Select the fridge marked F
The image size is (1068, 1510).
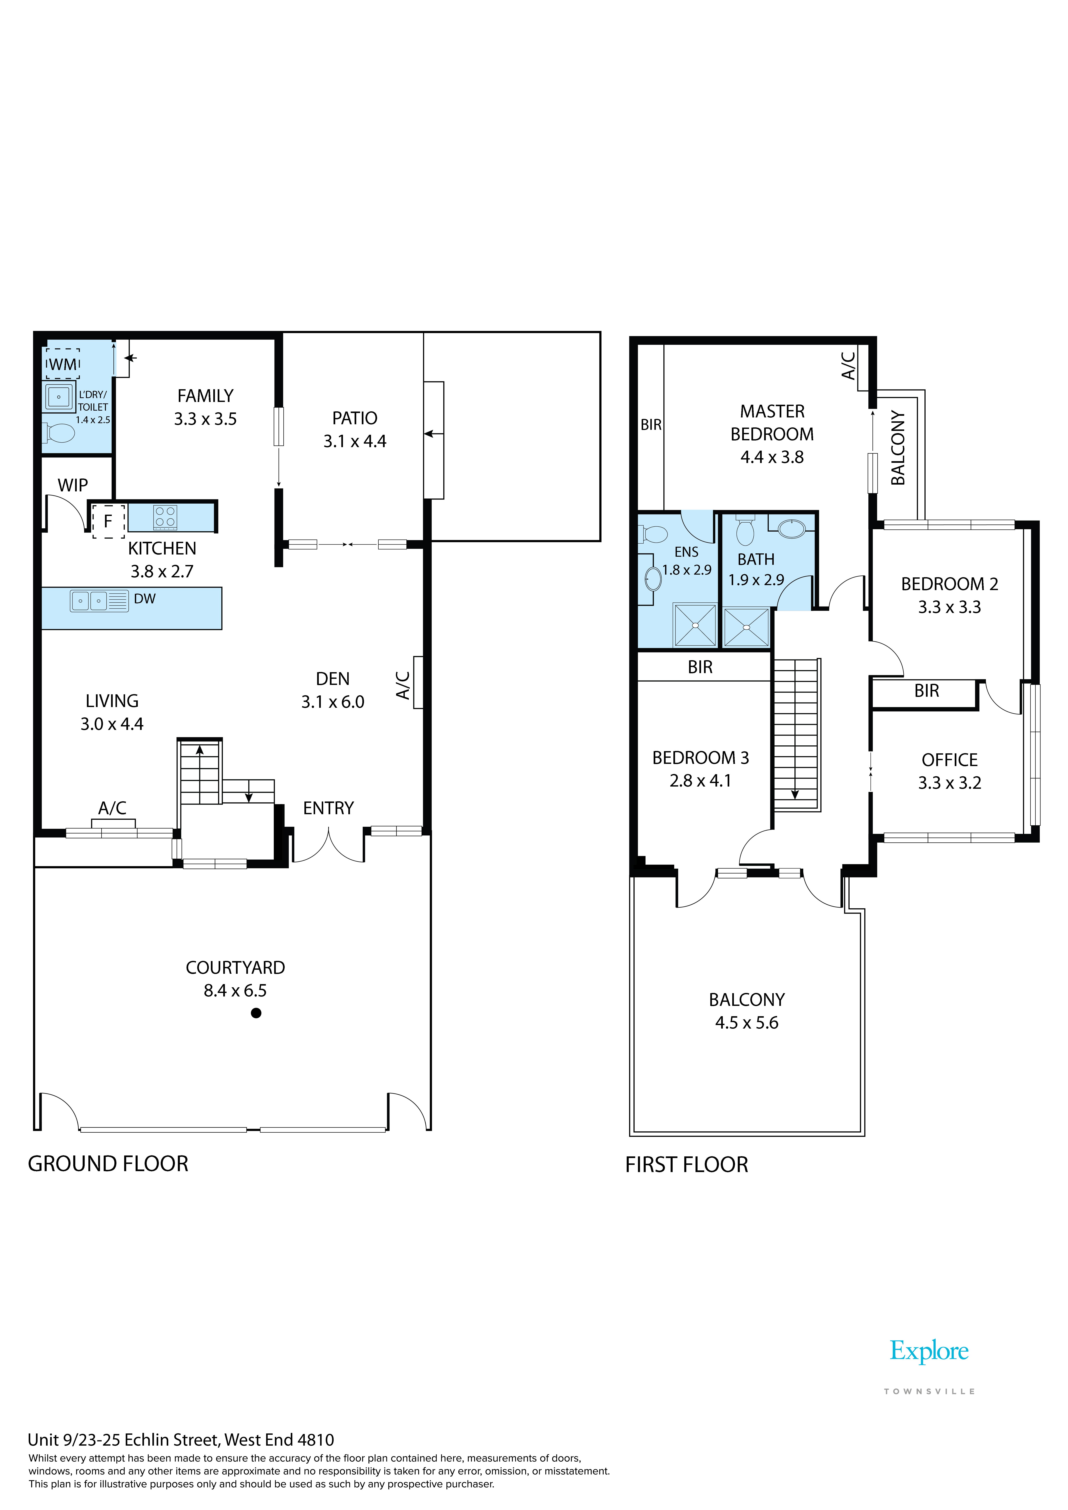pyautogui.click(x=108, y=521)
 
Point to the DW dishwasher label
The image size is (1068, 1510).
pyautogui.click(x=145, y=598)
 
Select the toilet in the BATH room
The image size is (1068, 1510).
pyautogui.click(x=745, y=530)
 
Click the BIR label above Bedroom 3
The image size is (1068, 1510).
pyautogui.click(x=700, y=668)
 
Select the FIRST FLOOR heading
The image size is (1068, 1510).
pyautogui.click(x=687, y=1165)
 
